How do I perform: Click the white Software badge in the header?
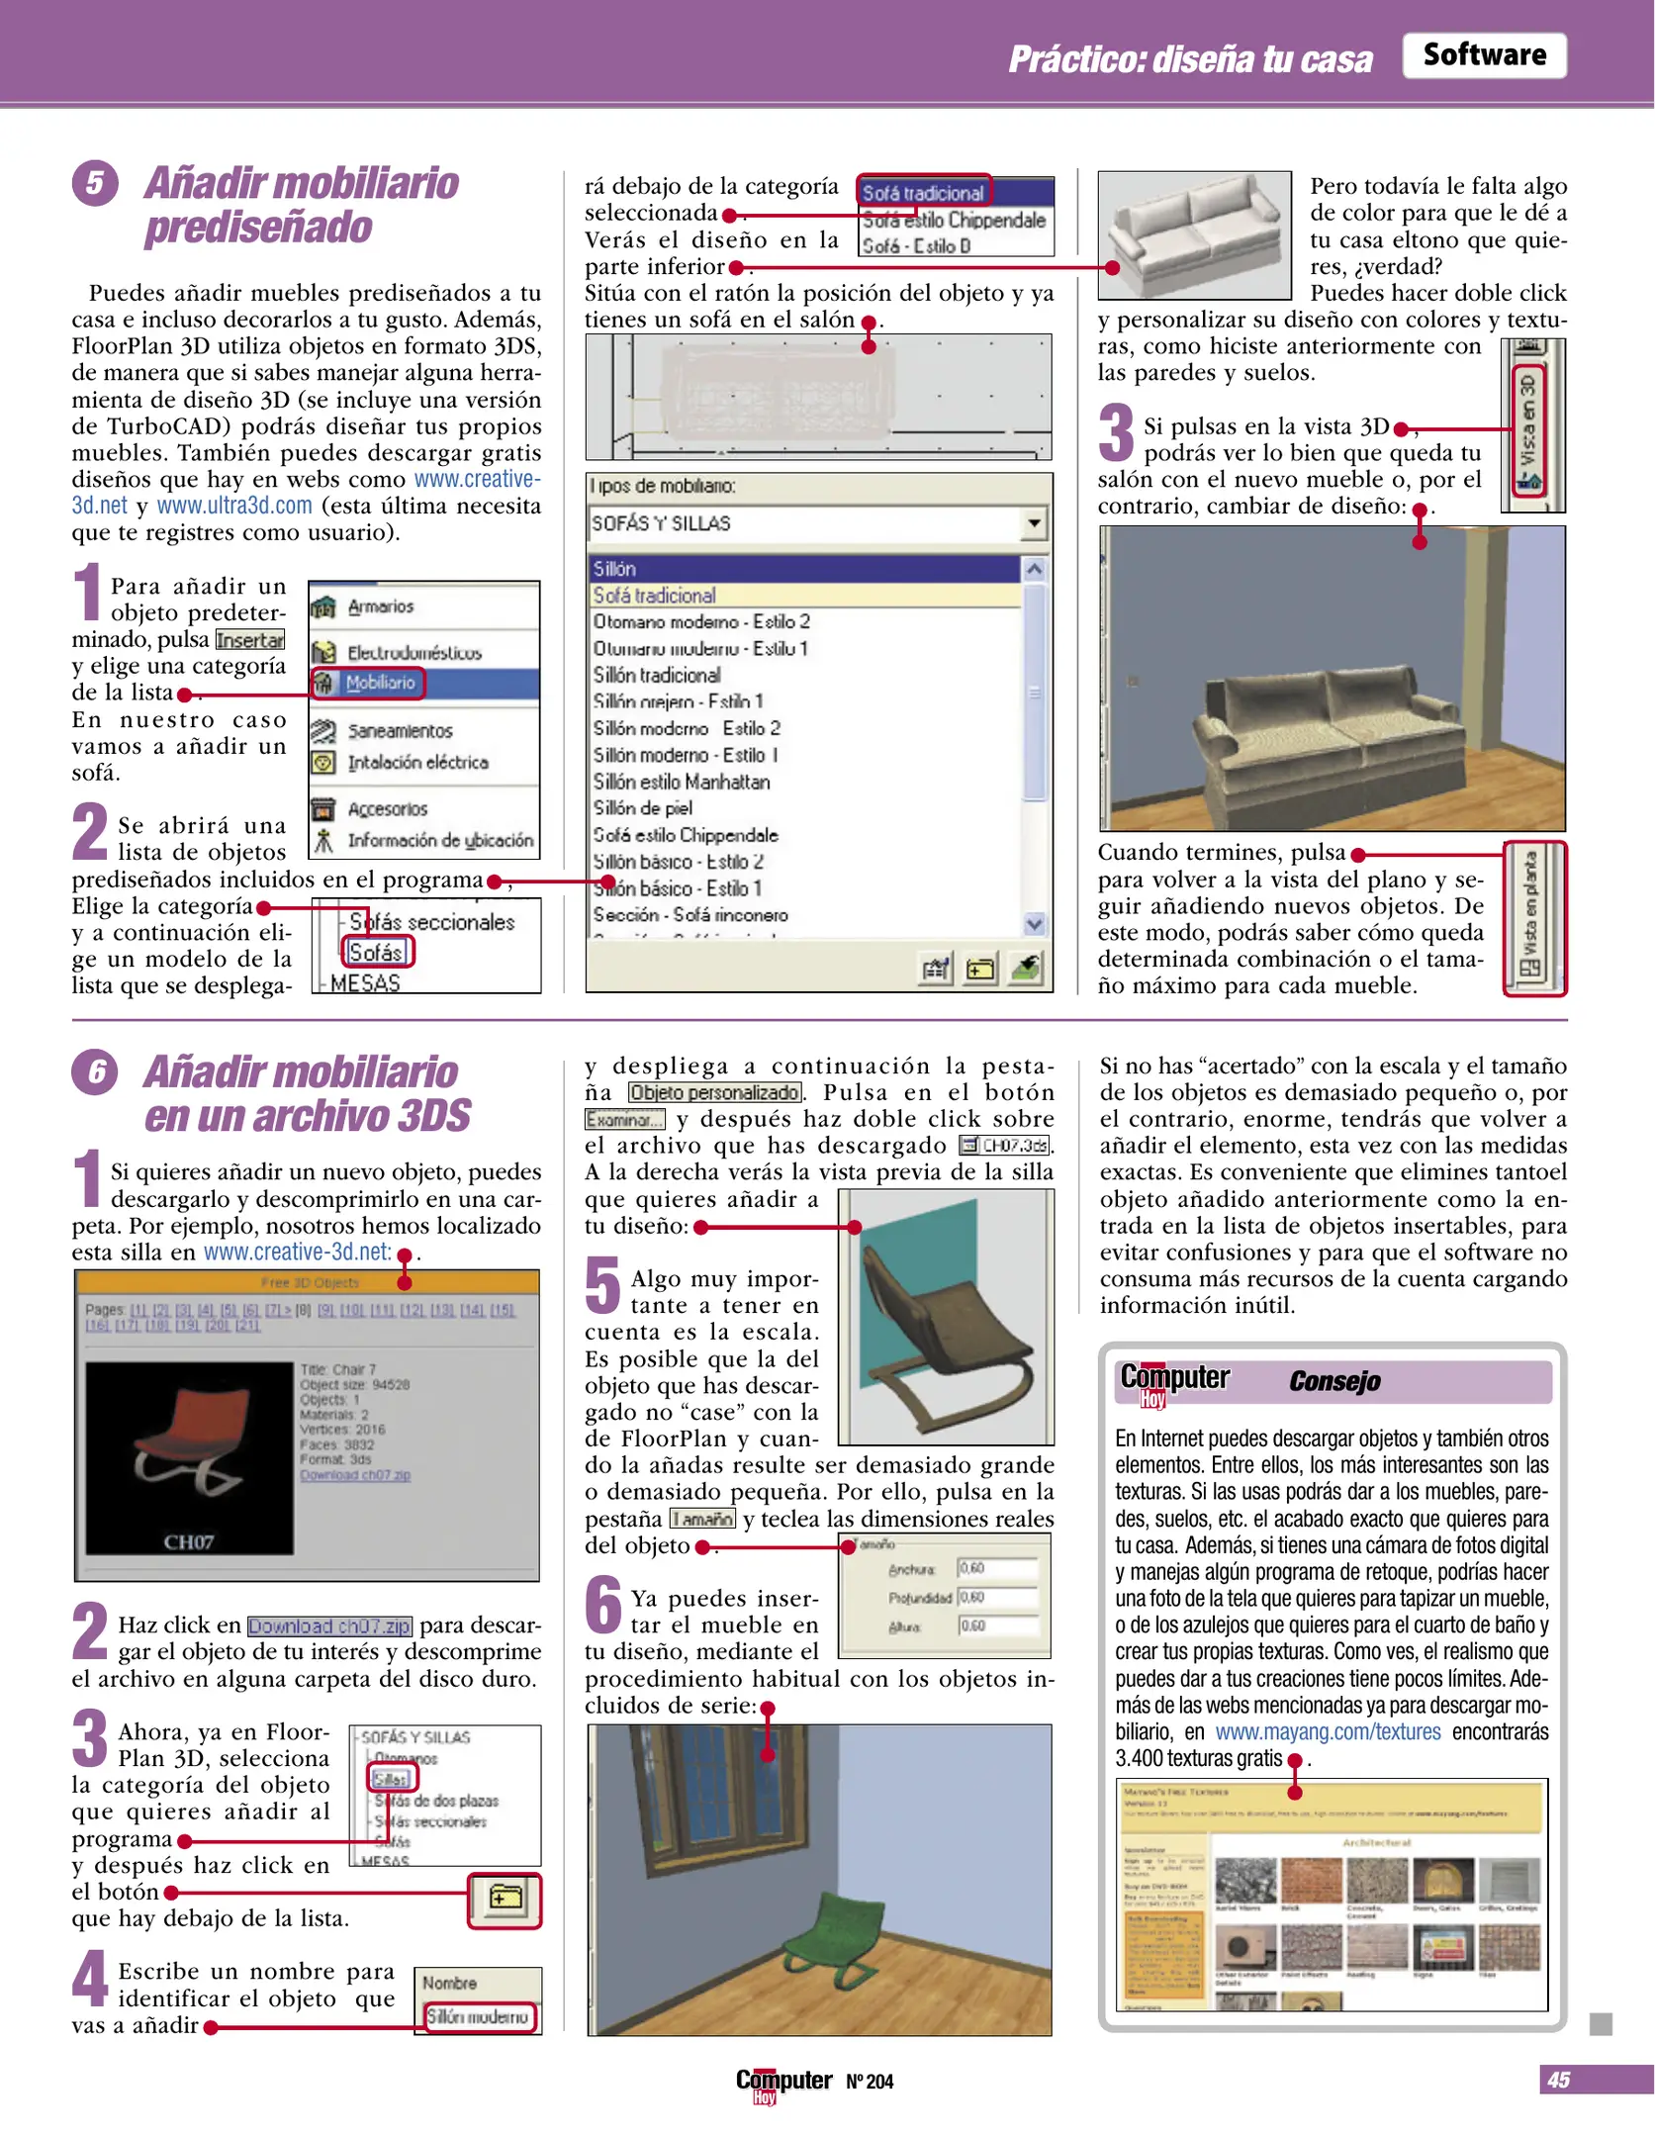[x=1483, y=55]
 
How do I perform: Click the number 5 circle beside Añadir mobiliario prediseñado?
[x=94, y=183]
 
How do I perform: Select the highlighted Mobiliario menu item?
[x=380, y=683]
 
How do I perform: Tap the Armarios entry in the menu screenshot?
[x=380, y=606]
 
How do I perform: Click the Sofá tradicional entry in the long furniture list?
[x=655, y=596]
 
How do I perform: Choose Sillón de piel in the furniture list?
[x=643, y=808]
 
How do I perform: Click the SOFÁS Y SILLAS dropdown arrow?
[x=1033, y=522]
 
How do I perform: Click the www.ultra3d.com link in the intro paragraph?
[x=234, y=507]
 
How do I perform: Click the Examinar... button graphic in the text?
[x=624, y=1120]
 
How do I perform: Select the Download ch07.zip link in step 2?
[x=328, y=1626]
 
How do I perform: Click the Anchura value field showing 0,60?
[x=995, y=1568]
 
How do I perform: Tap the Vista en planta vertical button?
[x=1532, y=916]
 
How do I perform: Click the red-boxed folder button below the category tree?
[x=505, y=1898]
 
